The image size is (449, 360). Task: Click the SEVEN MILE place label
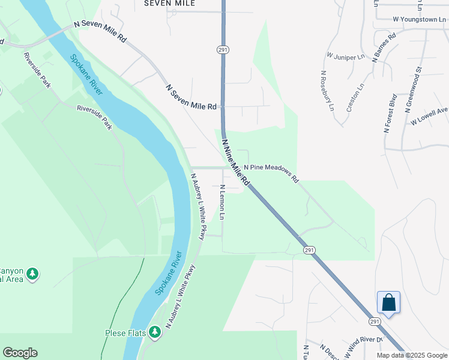pos(170,3)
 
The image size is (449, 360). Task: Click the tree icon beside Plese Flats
pos(155,332)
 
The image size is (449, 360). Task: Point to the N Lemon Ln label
pos(222,201)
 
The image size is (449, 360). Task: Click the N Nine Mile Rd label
pos(235,162)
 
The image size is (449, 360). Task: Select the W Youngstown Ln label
pos(420,19)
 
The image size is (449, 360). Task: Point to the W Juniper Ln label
pos(346,56)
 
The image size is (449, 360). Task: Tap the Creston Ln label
pos(355,98)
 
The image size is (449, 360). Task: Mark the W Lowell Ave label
pos(429,116)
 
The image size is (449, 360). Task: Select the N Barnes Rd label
pos(384,47)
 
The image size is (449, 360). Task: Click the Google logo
pos(20,353)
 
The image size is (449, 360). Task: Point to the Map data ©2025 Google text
pos(412,355)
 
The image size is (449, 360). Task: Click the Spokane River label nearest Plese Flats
pos(168,272)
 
